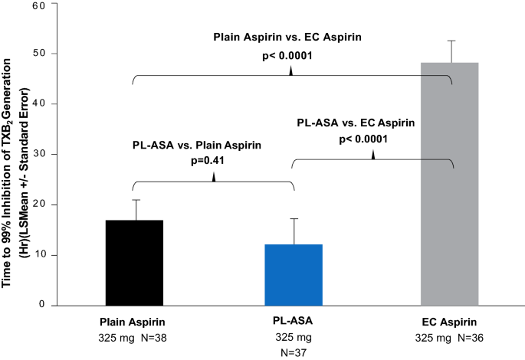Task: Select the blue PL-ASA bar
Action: [x=294, y=275]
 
